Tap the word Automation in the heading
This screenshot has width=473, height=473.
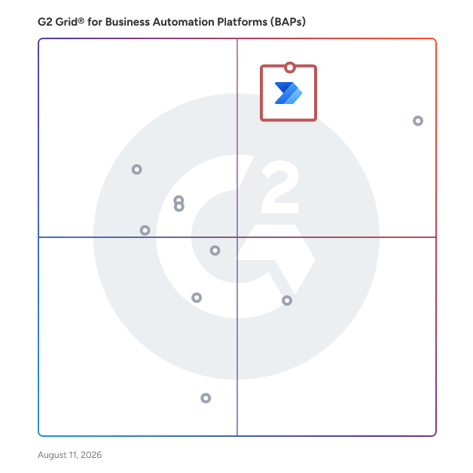(184, 22)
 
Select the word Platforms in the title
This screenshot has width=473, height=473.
(243, 22)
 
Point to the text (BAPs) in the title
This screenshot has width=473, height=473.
(288, 22)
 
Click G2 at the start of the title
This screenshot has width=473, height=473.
(45, 22)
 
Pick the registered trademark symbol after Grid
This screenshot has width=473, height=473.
(81, 20)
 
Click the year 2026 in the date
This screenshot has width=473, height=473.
(91, 455)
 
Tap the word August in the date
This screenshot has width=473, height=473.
(52, 455)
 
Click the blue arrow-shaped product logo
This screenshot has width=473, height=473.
(288, 93)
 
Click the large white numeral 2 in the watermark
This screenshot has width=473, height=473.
(280, 187)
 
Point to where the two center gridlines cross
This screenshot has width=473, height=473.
(237, 237)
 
